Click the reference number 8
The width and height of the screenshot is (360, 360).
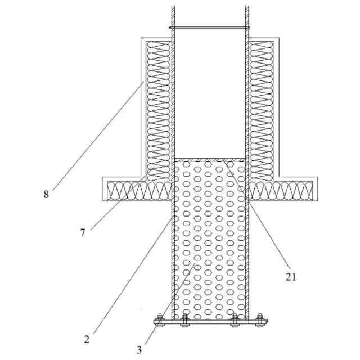(x=46, y=195)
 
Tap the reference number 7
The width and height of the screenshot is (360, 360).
(x=83, y=232)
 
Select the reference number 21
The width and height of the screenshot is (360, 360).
(x=290, y=276)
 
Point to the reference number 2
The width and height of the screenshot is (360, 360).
(x=87, y=339)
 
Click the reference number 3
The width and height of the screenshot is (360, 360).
(x=139, y=349)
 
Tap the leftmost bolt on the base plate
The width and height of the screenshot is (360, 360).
(x=160, y=320)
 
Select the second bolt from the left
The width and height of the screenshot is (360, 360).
(x=184, y=320)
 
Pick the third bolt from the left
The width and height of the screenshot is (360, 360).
(x=235, y=320)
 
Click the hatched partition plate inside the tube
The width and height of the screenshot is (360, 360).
(x=209, y=160)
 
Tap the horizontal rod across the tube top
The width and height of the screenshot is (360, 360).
(x=209, y=27)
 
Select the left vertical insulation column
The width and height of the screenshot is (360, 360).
(x=158, y=107)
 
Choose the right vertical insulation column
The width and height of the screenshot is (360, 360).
(x=261, y=107)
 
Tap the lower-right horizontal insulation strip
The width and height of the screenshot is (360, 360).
(x=281, y=191)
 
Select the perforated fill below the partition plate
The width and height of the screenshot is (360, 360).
(x=209, y=242)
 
